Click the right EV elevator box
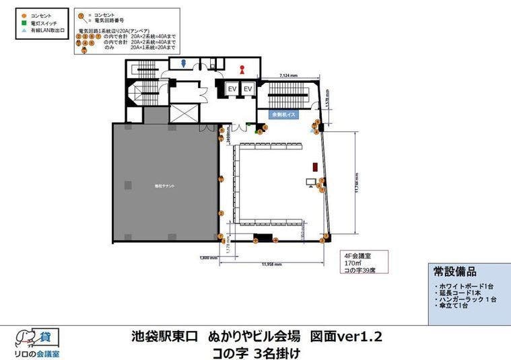point(248,89)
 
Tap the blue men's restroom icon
point(182,65)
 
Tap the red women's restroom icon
point(243,69)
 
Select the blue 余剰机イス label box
point(284,115)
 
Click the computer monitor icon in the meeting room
point(311,182)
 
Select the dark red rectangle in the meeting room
point(314,166)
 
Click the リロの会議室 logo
point(37,343)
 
